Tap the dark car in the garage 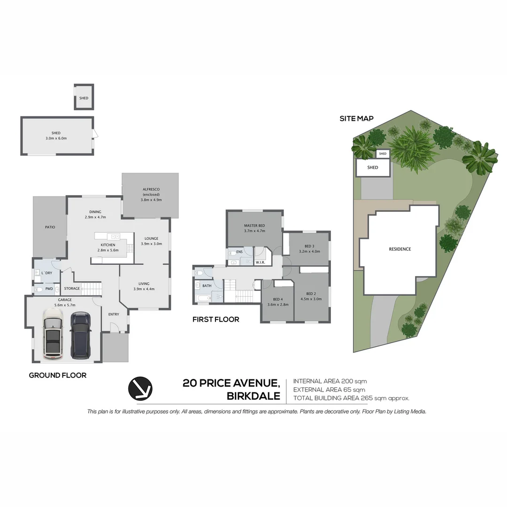pyautogui.click(x=80, y=334)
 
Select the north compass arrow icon pyautogui.click(x=140, y=389)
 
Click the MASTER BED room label pyautogui.click(x=254, y=226)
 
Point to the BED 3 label pyautogui.click(x=309, y=246)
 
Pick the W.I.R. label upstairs pyautogui.click(x=260, y=262)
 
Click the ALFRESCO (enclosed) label pyautogui.click(x=151, y=192)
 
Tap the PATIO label pyautogui.click(x=50, y=227)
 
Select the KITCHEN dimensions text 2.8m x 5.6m pyautogui.click(x=108, y=250)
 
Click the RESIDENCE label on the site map pyautogui.click(x=399, y=249)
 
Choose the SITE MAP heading pyautogui.click(x=356, y=119)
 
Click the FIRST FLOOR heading pyautogui.click(x=215, y=320)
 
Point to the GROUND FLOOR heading pyautogui.click(x=57, y=375)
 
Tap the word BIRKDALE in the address pyautogui.click(x=253, y=396)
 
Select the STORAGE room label pyautogui.click(x=72, y=288)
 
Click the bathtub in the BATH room pyautogui.click(x=203, y=298)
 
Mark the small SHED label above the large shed pyautogui.click(x=84, y=98)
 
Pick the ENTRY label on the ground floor pyautogui.click(x=114, y=315)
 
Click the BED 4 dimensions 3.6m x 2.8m pyautogui.click(x=277, y=305)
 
